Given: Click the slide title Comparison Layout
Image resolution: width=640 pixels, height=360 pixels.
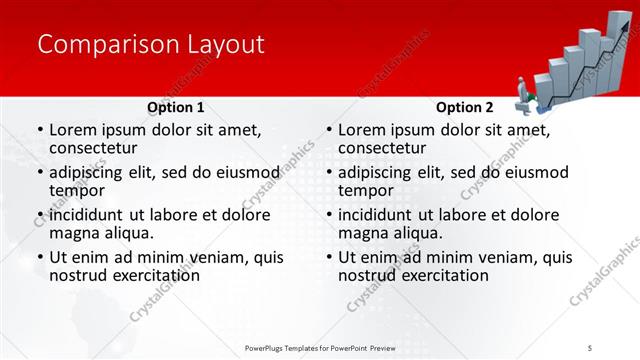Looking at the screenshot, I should click(150, 45).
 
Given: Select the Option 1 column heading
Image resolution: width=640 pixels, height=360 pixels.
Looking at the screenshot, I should click(175, 107).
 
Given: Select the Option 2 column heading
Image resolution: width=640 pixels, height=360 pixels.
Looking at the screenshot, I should click(464, 107).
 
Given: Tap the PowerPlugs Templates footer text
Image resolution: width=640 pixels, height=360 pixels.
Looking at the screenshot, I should click(330, 347).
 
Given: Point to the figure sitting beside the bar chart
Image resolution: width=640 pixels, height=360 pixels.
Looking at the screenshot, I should click(527, 95).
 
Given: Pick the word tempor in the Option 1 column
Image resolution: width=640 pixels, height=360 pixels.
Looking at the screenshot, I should click(77, 191).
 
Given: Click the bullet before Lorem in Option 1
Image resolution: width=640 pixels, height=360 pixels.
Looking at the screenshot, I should click(39, 131).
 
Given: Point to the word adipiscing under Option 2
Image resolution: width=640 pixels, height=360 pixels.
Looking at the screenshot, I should click(377, 172).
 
